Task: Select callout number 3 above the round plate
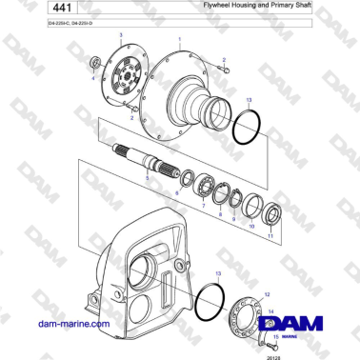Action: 121,34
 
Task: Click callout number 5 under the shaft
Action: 146,178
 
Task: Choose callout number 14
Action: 270,311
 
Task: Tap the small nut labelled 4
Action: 94,63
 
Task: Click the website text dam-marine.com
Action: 71,325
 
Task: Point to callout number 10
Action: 251,227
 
